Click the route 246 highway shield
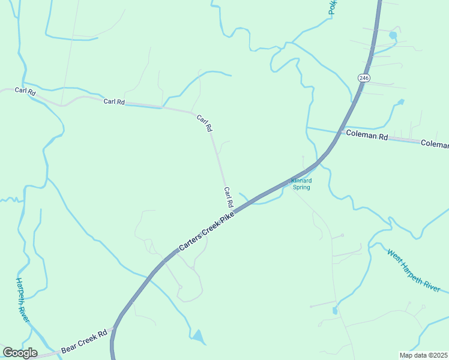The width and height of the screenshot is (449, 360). click(363, 78)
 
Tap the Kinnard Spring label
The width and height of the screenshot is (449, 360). click(301, 184)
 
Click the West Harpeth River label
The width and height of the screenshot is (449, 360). click(414, 271)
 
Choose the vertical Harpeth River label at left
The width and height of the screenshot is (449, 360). click(22, 300)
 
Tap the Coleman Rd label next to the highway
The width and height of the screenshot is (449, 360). click(366, 136)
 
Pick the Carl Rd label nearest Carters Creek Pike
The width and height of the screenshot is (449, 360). click(228, 197)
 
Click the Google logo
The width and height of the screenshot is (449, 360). click(20, 353)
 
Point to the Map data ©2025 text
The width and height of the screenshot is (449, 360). click(423, 355)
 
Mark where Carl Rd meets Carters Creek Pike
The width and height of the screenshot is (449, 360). click(232, 211)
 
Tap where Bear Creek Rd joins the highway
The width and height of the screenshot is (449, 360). click(114, 328)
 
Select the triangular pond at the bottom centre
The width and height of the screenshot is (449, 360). click(198, 336)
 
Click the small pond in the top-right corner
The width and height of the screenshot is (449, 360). click(393, 35)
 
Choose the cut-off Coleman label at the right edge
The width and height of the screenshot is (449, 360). click(435, 144)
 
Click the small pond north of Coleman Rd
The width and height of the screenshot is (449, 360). click(400, 102)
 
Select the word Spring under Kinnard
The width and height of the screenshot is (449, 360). click(301, 187)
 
